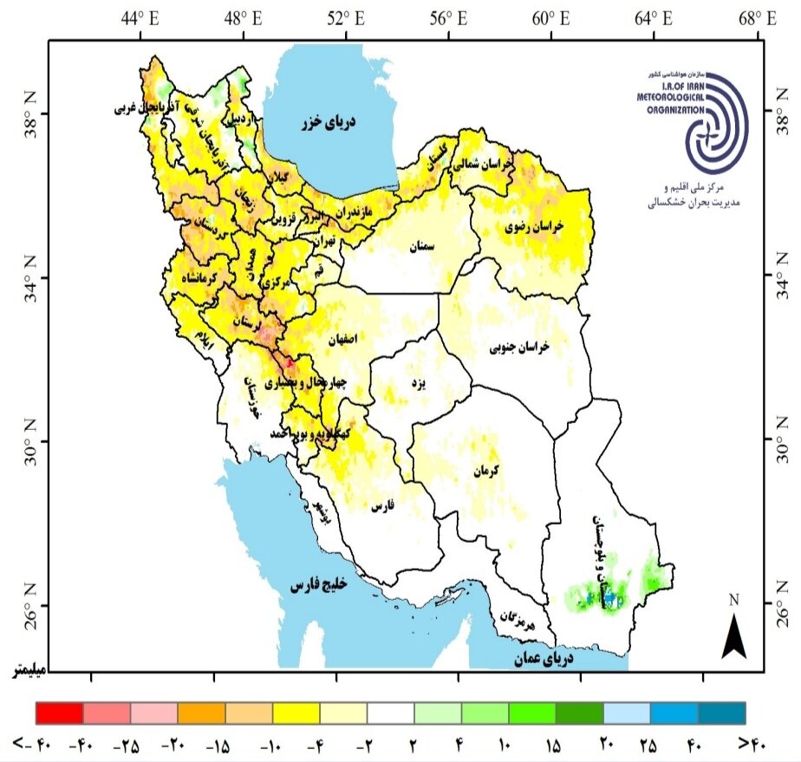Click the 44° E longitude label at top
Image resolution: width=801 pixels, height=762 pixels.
[140, 17]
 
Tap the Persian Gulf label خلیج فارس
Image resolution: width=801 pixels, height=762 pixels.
[318, 587]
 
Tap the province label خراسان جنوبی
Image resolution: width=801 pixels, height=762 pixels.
[521, 347]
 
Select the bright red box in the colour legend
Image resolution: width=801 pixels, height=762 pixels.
[59, 713]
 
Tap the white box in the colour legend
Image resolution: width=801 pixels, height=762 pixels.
[390, 713]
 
